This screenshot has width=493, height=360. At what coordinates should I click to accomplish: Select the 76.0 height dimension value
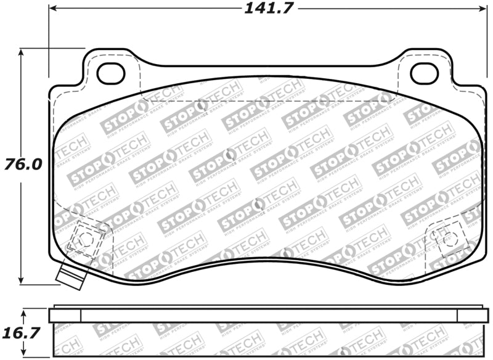23,165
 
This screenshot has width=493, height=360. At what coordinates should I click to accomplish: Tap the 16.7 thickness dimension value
23,333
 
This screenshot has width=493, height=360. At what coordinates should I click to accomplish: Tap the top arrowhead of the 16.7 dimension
23,310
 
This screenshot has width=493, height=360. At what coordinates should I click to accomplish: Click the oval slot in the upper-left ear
111,73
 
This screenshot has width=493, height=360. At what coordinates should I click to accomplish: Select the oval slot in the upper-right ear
424,73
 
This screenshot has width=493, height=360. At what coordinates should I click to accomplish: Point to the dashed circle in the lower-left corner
86,239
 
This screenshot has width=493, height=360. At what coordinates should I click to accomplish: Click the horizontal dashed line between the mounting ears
268,101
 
